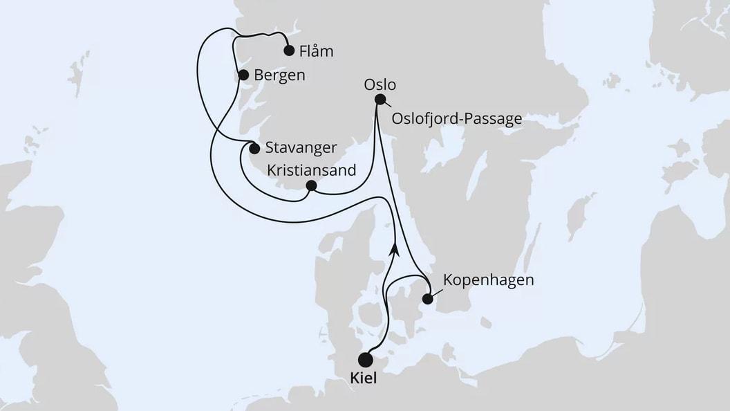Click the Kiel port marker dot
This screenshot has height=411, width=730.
tap(366, 360)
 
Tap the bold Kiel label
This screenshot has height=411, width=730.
tap(365, 379)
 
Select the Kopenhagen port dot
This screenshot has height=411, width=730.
tap(428, 299)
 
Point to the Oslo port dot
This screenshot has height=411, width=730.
tap(380, 99)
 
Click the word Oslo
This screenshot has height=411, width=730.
tap(379, 84)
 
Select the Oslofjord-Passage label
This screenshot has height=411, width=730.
tap(456, 119)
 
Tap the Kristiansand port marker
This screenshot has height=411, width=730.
tap(311, 185)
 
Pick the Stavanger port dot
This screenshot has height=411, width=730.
tap(254, 147)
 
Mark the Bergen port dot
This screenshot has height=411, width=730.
tap(243, 75)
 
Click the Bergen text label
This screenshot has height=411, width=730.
tap(279, 75)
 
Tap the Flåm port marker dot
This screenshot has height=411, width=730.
tap(289, 50)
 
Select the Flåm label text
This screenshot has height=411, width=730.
tap(317, 51)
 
